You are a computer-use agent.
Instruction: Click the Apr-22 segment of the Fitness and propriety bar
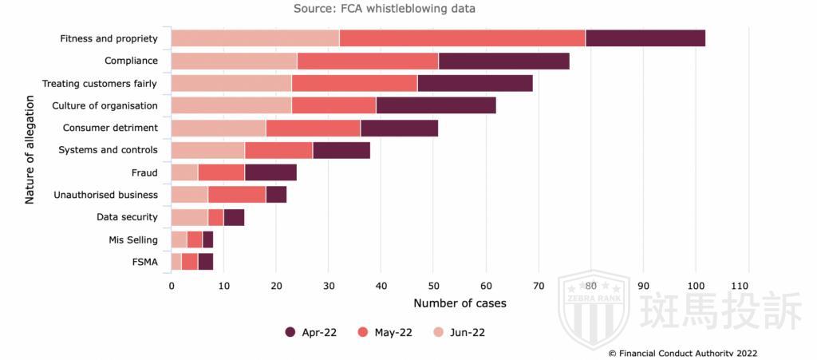point(645,38)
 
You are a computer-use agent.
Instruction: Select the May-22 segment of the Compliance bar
point(368,61)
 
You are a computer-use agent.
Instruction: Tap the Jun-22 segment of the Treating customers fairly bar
point(231,83)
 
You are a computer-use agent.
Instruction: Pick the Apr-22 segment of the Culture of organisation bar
point(436,105)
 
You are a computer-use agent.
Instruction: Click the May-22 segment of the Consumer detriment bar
point(314,128)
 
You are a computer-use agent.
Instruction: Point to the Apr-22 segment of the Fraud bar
point(270,172)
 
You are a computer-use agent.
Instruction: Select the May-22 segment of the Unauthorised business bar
point(237,195)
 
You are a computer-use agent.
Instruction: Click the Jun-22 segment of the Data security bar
point(189,217)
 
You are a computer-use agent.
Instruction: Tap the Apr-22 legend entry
point(310,332)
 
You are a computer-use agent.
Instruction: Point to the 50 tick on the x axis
point(433,285)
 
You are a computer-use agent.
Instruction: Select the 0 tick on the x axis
point(172,285)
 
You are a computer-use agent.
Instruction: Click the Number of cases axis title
point(460,303)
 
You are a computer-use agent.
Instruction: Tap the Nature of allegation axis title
point(30,150)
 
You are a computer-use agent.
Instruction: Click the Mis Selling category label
point(133,239)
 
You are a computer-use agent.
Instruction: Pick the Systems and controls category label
point(109,150)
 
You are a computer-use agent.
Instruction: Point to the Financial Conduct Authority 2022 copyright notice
point(682,353)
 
